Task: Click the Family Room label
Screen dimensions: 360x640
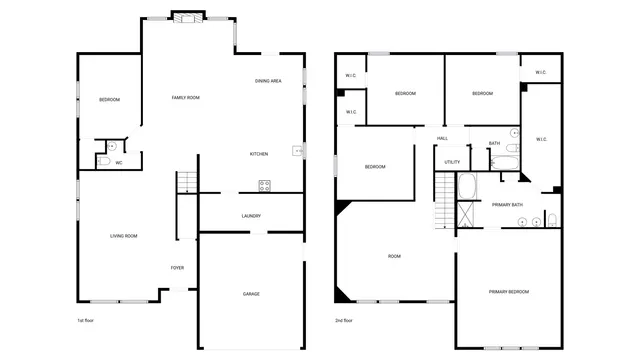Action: (x=186, y=98)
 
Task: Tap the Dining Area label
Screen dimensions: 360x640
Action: (x=267, y=81)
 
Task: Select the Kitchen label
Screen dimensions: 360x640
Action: (x=258, y=154)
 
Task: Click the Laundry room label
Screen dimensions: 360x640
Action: (x=251, y=216)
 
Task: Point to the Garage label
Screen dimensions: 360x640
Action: (x=251, y=294)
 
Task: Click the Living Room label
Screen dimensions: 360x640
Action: (x=124, y=236)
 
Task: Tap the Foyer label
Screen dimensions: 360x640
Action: (x=177, y=268)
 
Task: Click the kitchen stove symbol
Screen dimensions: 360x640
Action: (x=265, y=185)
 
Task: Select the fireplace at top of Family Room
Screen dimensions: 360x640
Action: (x=187, y=16)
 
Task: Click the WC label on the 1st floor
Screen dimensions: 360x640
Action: (x=119, y=163)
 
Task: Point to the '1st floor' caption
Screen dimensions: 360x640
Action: (x=86, y=321)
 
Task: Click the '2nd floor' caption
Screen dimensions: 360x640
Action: (x=344, y=321)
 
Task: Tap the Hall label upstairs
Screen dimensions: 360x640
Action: (x=442, y=139)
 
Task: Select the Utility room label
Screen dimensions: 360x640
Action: (x=452, y=162)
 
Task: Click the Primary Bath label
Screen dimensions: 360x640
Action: (x=507, y=205)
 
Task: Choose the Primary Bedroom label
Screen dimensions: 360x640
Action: (x=509, y=292)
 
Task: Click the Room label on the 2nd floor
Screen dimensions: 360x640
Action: (x=394, y=257)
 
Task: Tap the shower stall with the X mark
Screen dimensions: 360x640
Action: (x=467, y=214)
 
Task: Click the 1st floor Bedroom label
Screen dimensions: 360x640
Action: (x=109, y=100)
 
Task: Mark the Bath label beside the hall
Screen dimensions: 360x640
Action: (x=494, y=144)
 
